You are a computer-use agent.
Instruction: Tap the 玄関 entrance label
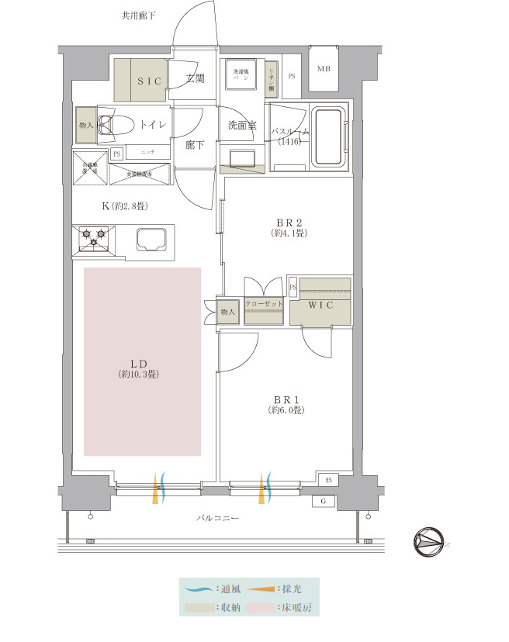coord(196,79)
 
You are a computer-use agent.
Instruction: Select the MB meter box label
coord(323,69)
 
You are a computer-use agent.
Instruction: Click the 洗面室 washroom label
coord(242,125)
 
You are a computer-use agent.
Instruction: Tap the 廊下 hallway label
coord(196,144)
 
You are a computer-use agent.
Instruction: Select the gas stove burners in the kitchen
coord(93,237)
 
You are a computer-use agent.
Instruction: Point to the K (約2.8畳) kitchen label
coord(124,205)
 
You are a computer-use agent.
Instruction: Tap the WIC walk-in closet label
coord(320,305)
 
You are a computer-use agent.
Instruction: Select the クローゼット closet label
coord(264,305)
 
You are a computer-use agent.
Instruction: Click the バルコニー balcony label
coord(217,517)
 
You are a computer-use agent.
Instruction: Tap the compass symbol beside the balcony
coord(428,541)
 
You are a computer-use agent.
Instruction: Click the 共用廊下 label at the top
coord(139,16)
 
